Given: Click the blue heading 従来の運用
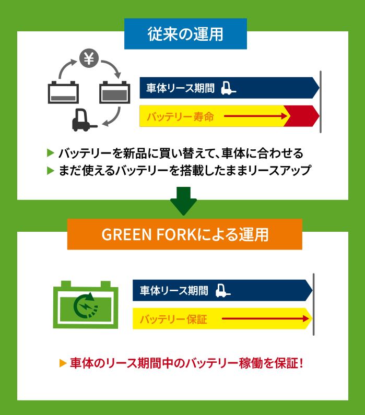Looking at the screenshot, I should tap(185, 34).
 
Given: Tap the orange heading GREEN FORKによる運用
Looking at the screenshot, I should tap(185, 234).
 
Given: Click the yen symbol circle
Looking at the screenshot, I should tap(89, 58).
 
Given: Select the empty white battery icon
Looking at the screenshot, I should tap(64, 92).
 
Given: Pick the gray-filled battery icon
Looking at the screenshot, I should tap(114, 92).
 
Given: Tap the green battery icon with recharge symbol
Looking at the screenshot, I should tap(86, 305).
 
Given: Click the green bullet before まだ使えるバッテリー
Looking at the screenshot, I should tap(51, 170).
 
